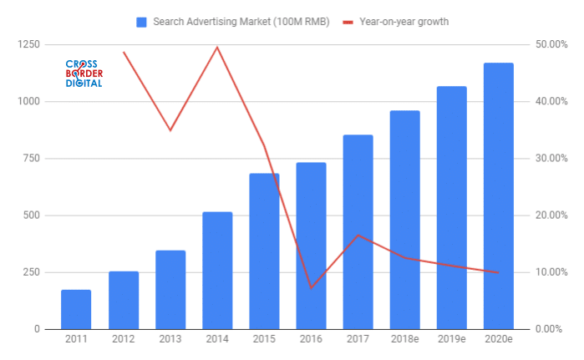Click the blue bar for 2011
coord(76,309)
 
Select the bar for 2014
coord(217,271)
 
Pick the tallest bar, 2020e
coord(499,196)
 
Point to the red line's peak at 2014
coord(217,47)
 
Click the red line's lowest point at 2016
coord(311,288)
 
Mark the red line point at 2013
coord(170,130)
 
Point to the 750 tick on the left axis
coord(29,159)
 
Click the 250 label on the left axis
coord(29,272)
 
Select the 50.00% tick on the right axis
coord(551,44)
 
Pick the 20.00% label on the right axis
coord(551,215)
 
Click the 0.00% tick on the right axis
coord(553,329)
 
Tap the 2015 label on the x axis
coord(264,340)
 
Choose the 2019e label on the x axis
coord(452,340)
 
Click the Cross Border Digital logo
coord(84,74)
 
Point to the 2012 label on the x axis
coord(124,340)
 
